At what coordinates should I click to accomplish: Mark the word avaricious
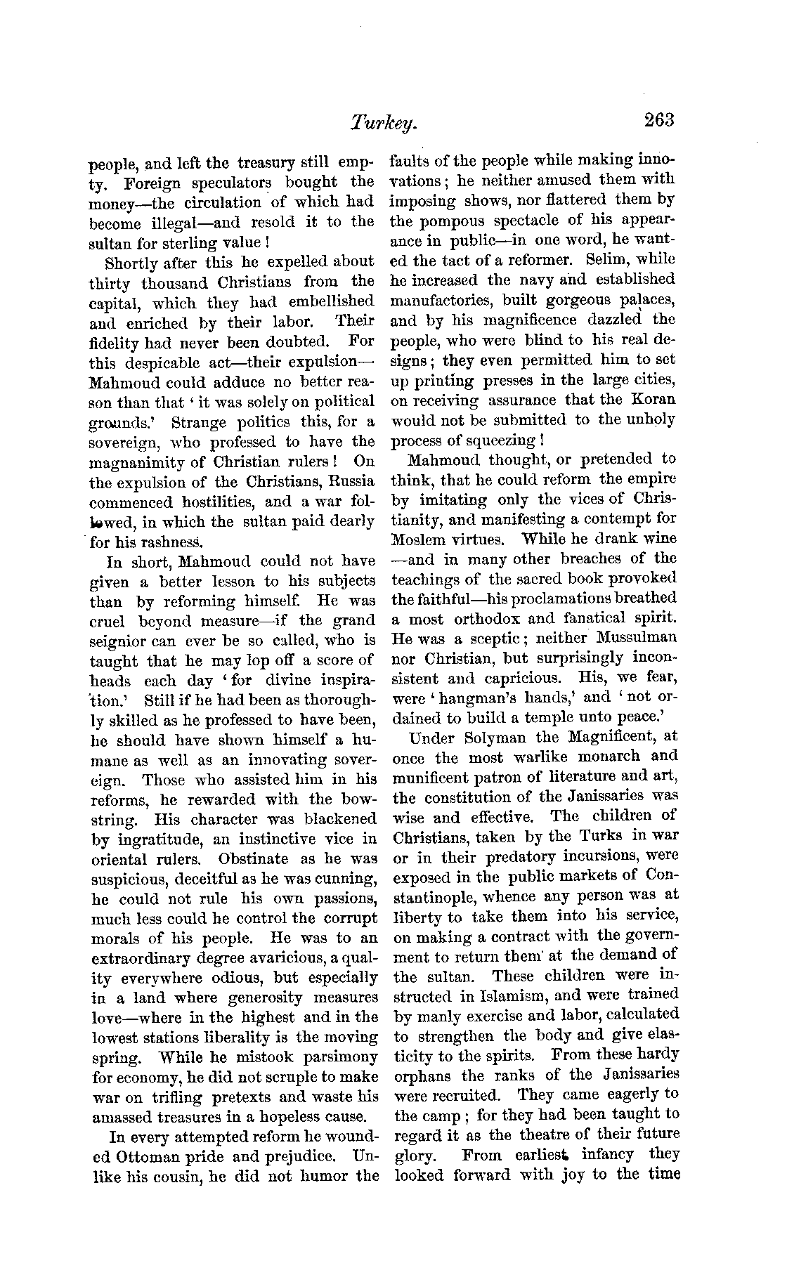[279, 958]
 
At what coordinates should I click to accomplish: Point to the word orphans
[423, 1075]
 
